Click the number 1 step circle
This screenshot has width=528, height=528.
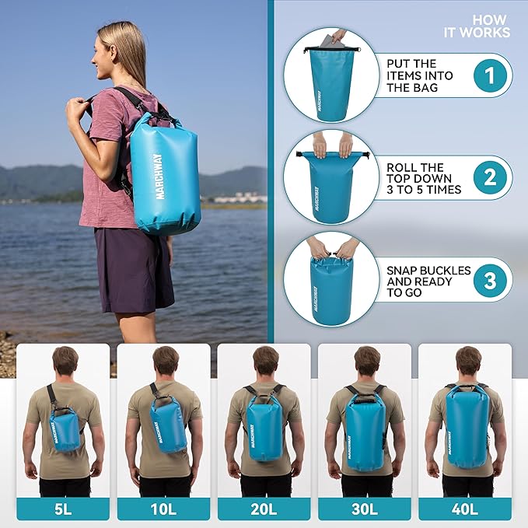pos(490,75)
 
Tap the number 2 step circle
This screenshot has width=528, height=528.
pos(490,178)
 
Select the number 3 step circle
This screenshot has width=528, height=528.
pos(490,281)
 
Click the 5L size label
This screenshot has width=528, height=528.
pos(63,509)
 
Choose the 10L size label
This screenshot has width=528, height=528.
pos(163,509)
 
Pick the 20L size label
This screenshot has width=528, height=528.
pos(264,509)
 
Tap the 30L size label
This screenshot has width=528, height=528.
pos(365,509)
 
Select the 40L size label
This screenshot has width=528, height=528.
pos(465,509)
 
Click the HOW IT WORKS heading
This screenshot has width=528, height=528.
pos(477,26)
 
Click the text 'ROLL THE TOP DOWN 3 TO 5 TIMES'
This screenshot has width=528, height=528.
pos(424,178)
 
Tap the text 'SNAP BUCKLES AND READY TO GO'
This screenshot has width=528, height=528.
pos(428,281)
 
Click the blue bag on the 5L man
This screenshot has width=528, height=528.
pos(65,430)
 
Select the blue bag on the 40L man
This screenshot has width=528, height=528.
pos(467,426)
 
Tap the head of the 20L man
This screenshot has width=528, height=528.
pos(265,361)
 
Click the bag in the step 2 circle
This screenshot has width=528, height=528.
pos(331,186)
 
